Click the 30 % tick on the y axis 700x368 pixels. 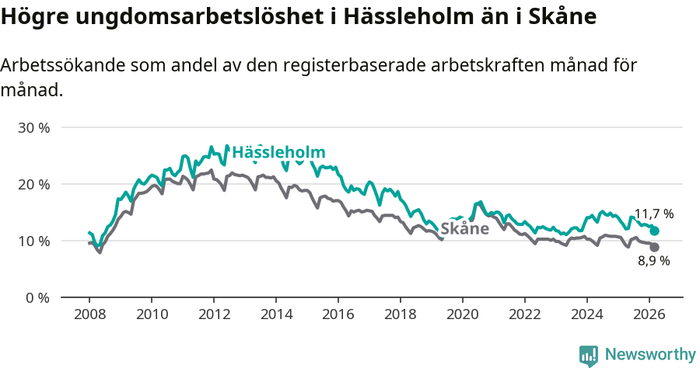[x=33, y=127]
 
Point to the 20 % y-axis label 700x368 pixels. [x=33, y=184]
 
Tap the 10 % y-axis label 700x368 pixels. [x=33, y=241]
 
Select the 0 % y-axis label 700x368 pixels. [x=37, y=297]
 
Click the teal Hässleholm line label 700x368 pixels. [x=278, y=152]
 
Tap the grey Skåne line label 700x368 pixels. [x=464, y=228]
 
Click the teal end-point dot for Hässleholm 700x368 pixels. [x=655, y=231]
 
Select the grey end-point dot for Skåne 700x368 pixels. [x=655, y=247]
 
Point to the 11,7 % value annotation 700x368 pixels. [x=653, y=214]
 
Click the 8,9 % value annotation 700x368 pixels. [x=653, y=262]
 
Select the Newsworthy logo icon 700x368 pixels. [x=589, y=355]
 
